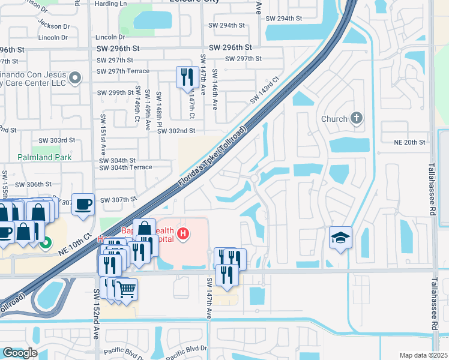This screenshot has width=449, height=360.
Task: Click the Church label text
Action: (334, 119)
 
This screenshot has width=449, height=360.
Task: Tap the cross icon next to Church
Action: (357, 118)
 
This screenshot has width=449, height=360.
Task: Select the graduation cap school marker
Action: (340, 238)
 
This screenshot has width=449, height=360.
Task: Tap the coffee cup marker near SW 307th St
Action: (83, 204)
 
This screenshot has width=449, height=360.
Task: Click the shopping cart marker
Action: (126, 290)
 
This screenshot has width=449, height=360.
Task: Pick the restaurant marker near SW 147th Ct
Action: (187, 77)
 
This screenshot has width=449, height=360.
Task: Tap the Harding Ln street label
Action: (111, 4)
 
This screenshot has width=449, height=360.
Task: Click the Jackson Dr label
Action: (53, 26)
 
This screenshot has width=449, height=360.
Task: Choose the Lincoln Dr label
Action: (54, 37)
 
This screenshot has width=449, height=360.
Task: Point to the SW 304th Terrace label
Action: (125, 167)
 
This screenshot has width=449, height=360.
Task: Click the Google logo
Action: (20, 353)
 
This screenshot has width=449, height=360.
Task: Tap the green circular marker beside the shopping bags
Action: (46, 244)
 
